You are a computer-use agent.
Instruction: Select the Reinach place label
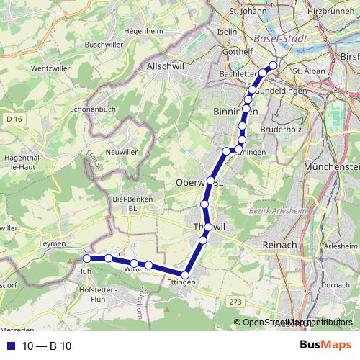[277, 246]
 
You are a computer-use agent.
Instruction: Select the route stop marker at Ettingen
[186, 274]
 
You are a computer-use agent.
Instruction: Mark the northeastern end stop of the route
[273, 66]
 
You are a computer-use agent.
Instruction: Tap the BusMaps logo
[325, 346]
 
